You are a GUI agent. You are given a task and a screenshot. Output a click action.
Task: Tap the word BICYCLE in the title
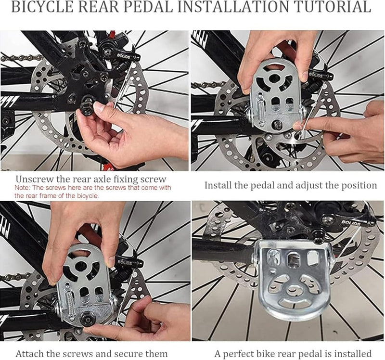click(x=43, y=7)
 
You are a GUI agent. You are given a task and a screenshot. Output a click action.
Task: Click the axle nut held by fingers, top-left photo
click(x=87, y=106)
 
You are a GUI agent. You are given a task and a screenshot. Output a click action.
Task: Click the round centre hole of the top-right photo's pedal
click(x=274, y=78)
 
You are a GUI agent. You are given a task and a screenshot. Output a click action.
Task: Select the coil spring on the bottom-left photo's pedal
click(x=70, y=301)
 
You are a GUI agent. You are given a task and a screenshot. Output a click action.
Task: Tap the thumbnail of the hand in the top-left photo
click(x=100, y=107)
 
